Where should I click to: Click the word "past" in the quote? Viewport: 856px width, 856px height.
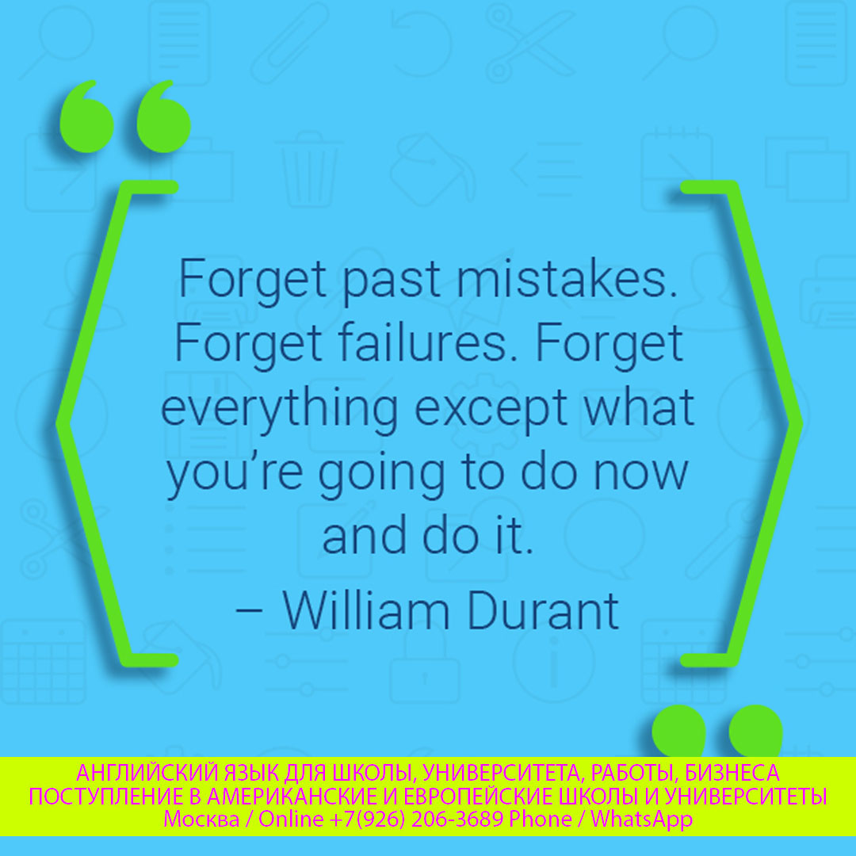(x=391, y=281)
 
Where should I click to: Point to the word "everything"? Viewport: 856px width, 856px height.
(x=279, y=410)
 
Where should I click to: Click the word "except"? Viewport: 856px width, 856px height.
(x=491, y=411)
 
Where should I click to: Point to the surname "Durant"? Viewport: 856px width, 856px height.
(x=543, y=610)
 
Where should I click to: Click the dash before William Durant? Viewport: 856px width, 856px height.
(x=249, y=613)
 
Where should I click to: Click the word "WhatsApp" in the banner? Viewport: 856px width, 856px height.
(x=641, y=819)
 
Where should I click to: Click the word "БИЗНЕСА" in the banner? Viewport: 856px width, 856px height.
(x=732, y=773)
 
